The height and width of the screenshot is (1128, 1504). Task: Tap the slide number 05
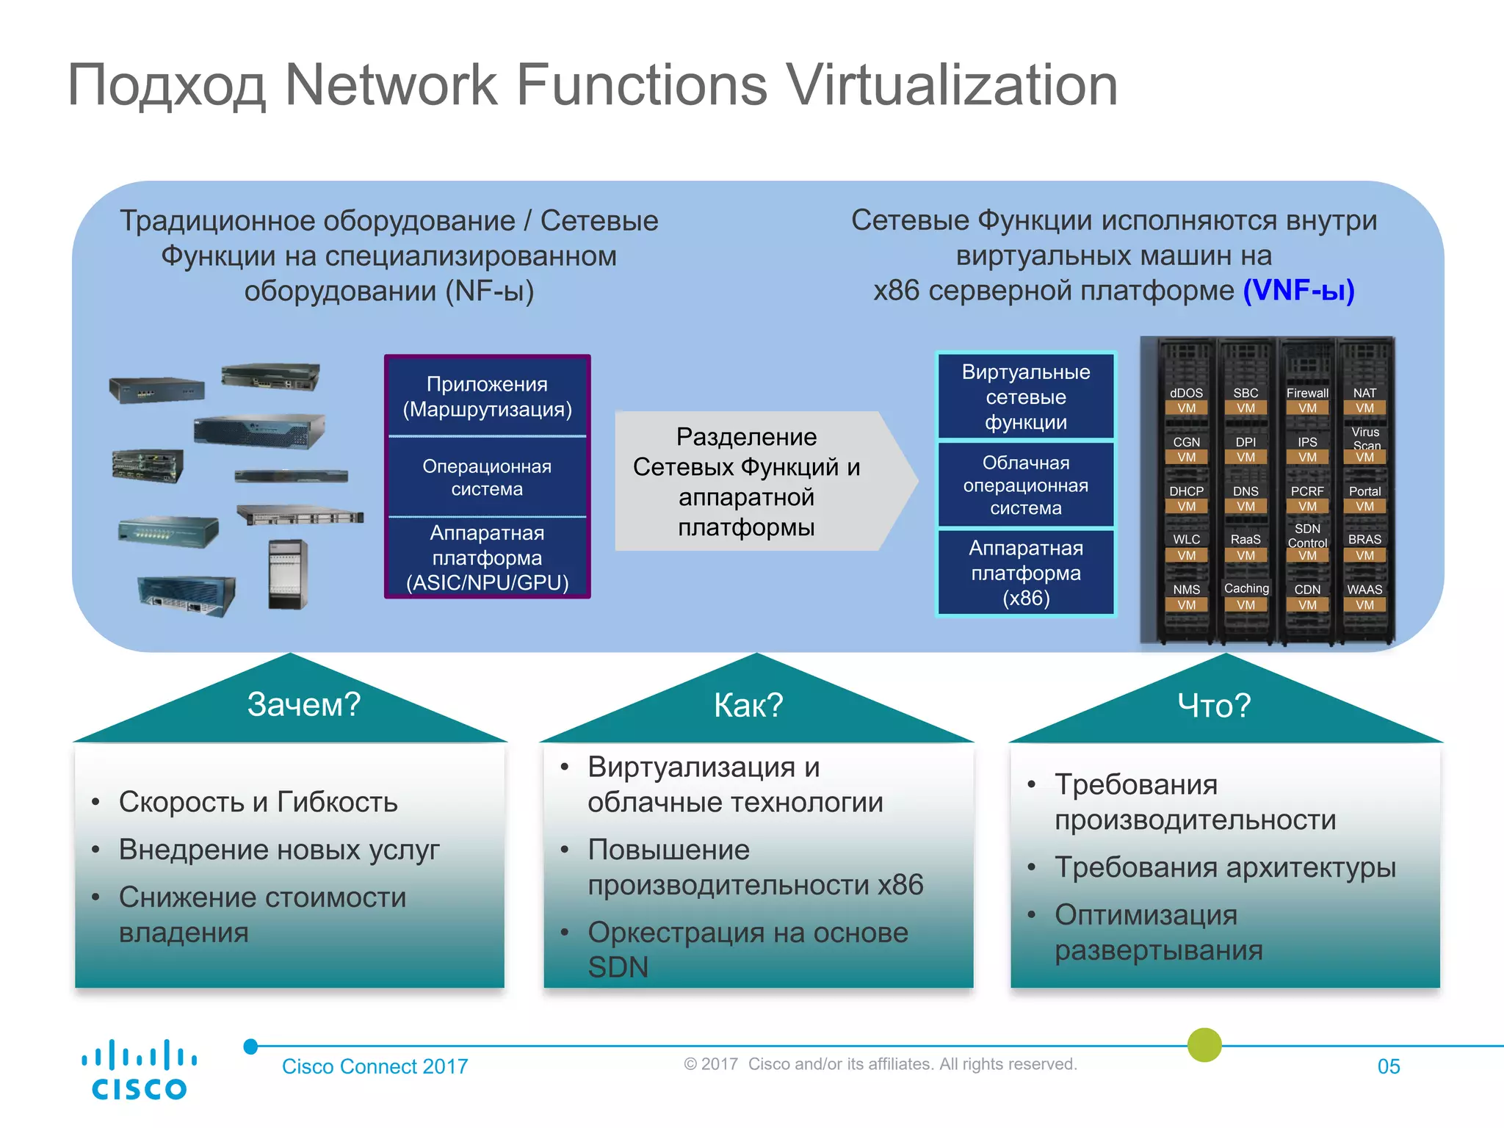(1388, 1066)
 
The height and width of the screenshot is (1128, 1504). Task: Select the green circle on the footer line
(1204, 1045)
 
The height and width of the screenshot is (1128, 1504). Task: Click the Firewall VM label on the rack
(1307, 400)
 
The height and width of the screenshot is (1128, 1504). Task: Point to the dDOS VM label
(1186, 400)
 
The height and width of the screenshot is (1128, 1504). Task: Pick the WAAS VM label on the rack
(1364, 597)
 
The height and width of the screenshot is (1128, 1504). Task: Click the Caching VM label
(1246, 596)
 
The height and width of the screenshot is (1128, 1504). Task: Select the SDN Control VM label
(1307, 542)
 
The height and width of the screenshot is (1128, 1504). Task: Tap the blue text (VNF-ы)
(1298, 291)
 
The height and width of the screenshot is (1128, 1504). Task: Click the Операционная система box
(487, 477)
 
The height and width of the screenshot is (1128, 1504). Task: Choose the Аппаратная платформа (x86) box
(1026, 573)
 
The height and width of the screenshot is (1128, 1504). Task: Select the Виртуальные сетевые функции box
(1026, 397)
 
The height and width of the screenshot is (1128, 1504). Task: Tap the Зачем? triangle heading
(303, 704)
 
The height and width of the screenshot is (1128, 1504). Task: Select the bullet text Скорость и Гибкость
(258, 802)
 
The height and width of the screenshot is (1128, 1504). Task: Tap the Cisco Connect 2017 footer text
(375, 1066)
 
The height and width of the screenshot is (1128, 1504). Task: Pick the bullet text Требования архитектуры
(1225, 867)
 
